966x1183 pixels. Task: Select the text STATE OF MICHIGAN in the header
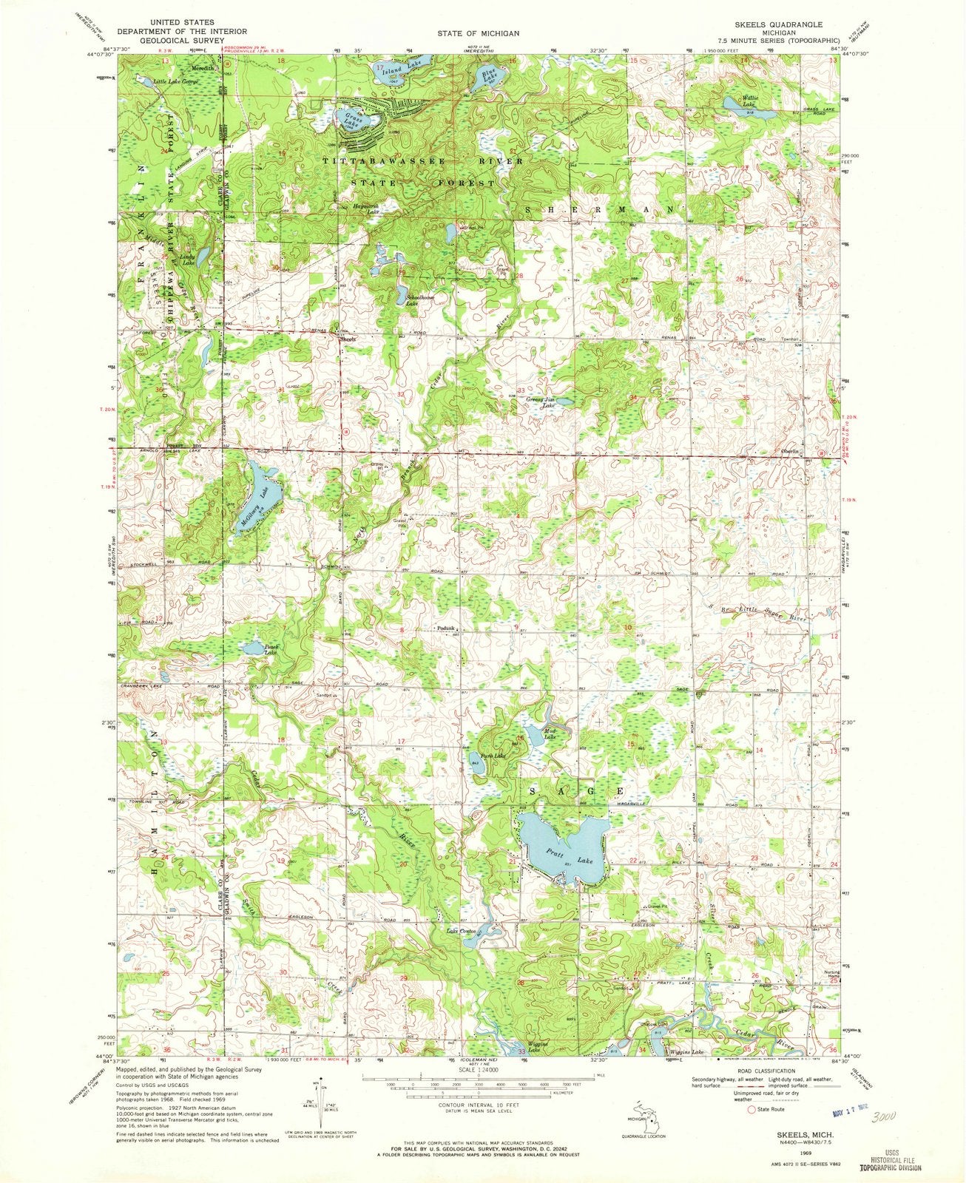click(482, 33)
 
